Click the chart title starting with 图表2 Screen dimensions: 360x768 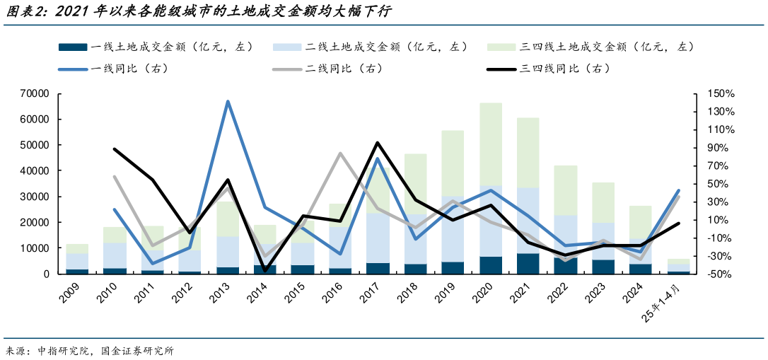198,12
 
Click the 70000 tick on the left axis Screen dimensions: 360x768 34,93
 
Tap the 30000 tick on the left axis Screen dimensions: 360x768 34,197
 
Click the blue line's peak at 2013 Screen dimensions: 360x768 228,102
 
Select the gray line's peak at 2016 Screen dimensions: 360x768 340,153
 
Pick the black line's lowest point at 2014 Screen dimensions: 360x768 265,270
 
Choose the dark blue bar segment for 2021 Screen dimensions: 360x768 528,264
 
